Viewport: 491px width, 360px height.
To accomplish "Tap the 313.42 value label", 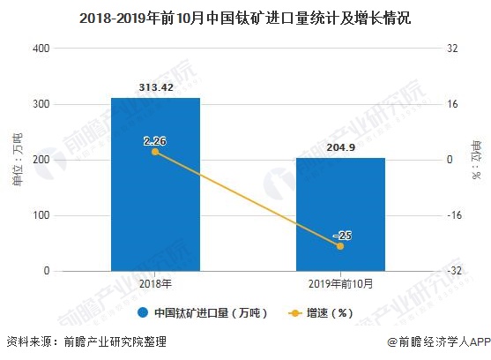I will (x=156, y=87).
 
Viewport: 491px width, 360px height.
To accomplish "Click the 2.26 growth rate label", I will (x=156, y=139).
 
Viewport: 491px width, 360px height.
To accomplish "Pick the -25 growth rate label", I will (x=342, y=235).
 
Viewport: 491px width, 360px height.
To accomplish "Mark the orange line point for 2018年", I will (x=156, y=152).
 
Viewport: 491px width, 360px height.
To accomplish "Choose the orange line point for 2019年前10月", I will (x=340, y=246).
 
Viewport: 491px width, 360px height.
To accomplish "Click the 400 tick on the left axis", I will (x=41, y=49).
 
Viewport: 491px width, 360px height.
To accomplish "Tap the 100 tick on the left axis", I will (x=41, y=215).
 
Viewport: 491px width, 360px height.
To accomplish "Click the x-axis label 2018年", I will (x=155, y=283).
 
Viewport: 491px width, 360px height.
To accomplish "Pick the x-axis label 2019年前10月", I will (x=340, y=283).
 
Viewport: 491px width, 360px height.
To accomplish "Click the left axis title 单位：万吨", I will (x=17, y=159).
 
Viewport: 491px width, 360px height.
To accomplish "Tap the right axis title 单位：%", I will (x=476, y=159).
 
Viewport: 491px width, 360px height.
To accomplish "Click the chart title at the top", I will (x=244, y=17).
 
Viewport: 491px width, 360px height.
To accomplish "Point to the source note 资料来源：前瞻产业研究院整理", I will (x=86, y=342).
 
